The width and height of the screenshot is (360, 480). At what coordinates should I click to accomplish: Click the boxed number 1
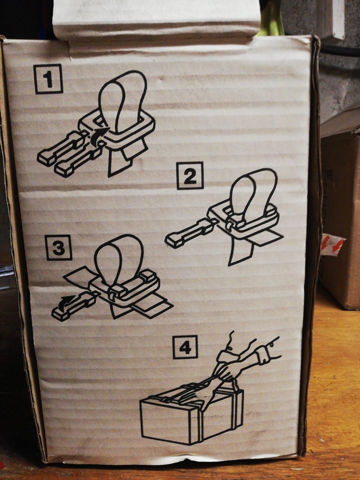(x=48, y=79)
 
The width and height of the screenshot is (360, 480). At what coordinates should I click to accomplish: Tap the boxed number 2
(x=190, y=175)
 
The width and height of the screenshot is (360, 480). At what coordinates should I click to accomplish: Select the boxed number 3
(x=58, y=247)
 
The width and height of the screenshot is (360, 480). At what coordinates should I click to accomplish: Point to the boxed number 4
(x=185, y=346)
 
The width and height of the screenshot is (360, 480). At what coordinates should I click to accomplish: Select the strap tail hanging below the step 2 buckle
(x=240, y=253)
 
